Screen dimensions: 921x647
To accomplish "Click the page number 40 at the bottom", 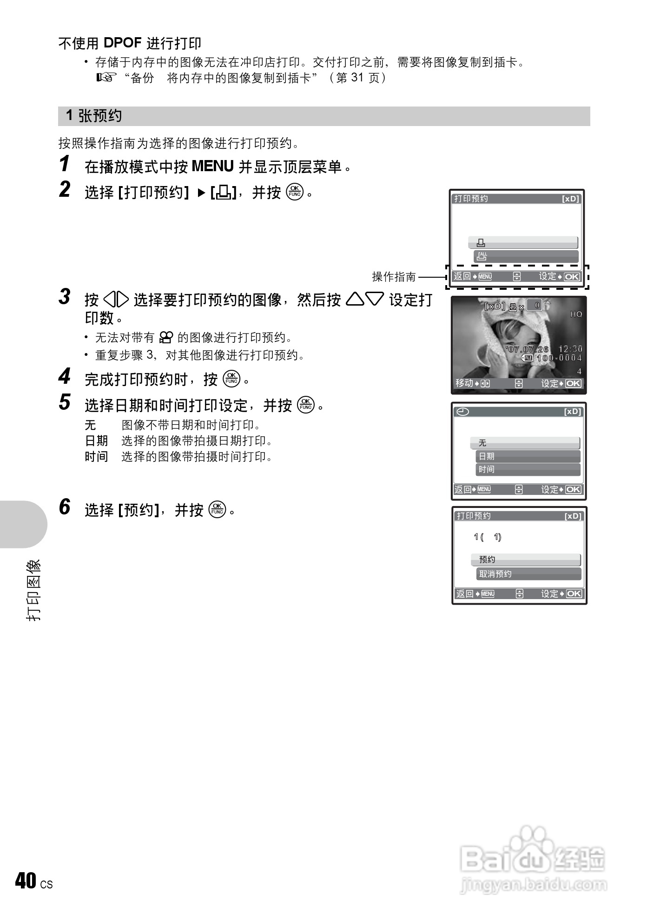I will pyautogui.click(x=26, y=881).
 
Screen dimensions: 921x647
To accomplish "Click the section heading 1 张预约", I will pyautogui.click(x=94, y=116).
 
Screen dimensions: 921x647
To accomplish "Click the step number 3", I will pyautogui.click(x=65, y=297).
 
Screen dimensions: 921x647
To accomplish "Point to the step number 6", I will pyautogui.click(x=65, y=507).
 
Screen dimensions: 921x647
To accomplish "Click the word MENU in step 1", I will pyautogui.click(x=212, y=166).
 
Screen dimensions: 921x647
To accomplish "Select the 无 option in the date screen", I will pyautogui.click(x=525, y=443).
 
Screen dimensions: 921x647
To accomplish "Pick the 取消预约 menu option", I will pyautogui.click(x=528, y=574).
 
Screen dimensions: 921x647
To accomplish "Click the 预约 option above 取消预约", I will pyautogui.click(x=526, y=560).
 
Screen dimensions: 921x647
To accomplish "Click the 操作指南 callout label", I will pyautogui.click(x=394, y=277).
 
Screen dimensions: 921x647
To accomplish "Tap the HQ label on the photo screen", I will pyautogui.click(x=576, y=314).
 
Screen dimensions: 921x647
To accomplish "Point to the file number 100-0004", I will pyautogui.click(x=559, y=358).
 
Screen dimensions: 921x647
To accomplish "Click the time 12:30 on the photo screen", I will pyautogui.click(x=570, y=349).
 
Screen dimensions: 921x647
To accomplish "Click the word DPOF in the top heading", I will pyautogui.click(x=122, y=43).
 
